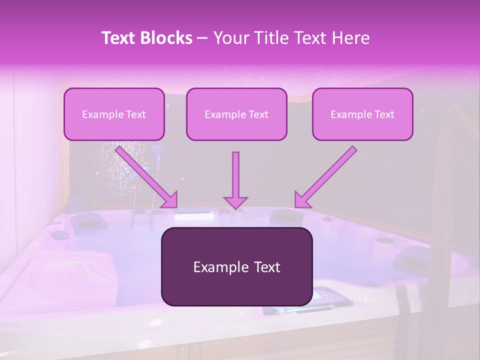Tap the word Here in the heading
coord(350,38)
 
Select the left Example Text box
coord(114,114)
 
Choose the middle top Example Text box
coord(236,114)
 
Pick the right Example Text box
coord(362,114)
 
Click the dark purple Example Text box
coord(236,267)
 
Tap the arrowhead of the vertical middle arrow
coord(235,202)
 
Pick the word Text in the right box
coord(384,114)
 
